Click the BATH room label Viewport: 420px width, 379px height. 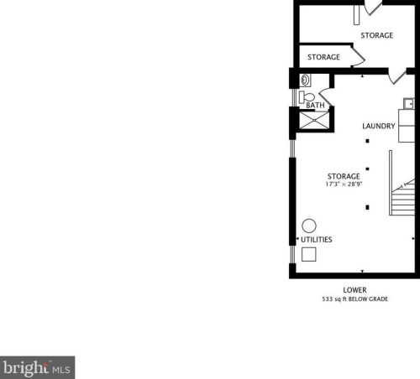[315, 106]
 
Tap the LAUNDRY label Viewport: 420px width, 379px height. [379, 126]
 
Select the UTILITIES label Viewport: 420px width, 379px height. [317, 240]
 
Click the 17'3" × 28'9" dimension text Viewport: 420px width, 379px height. [344, 184]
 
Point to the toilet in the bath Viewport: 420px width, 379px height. [307, 97]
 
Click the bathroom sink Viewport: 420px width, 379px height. [305, 80]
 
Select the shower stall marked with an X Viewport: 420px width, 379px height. [314, 121]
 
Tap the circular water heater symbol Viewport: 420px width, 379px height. [309, 226]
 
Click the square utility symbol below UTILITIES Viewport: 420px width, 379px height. [309, 254]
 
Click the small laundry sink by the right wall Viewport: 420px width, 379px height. [409, 104]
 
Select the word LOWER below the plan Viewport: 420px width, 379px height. [354, 290]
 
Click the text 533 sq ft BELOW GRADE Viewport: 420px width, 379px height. [355, 299]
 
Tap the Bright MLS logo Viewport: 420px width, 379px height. [37, 367]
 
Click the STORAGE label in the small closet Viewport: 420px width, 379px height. [323, 57]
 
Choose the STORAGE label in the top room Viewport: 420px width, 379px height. [377, 35]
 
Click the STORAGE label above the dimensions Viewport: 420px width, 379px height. [344, 176]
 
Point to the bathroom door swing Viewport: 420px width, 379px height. [325, 97]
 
